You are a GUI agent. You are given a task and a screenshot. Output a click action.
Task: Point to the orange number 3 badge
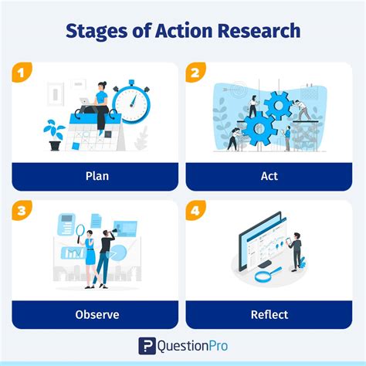point(21,211)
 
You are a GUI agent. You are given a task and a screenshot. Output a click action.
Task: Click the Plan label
point(97,176)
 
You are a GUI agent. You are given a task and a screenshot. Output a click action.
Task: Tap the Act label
point(269,176)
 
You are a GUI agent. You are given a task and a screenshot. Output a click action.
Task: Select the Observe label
point(97,314)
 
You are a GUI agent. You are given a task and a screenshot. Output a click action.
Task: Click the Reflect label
point(269,314)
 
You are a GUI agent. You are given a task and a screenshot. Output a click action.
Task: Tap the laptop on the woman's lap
point(84,101)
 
